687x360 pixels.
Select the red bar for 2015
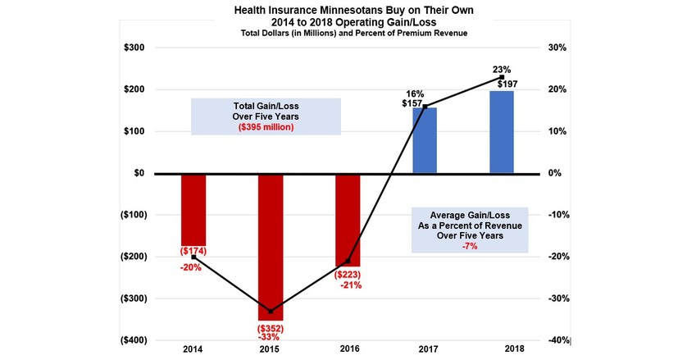pos(271,246)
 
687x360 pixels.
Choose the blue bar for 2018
pos(502,132)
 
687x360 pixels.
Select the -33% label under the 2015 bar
pos(271,338)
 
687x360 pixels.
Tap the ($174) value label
pos(193,251)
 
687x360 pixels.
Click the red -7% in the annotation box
pos(471,244)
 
